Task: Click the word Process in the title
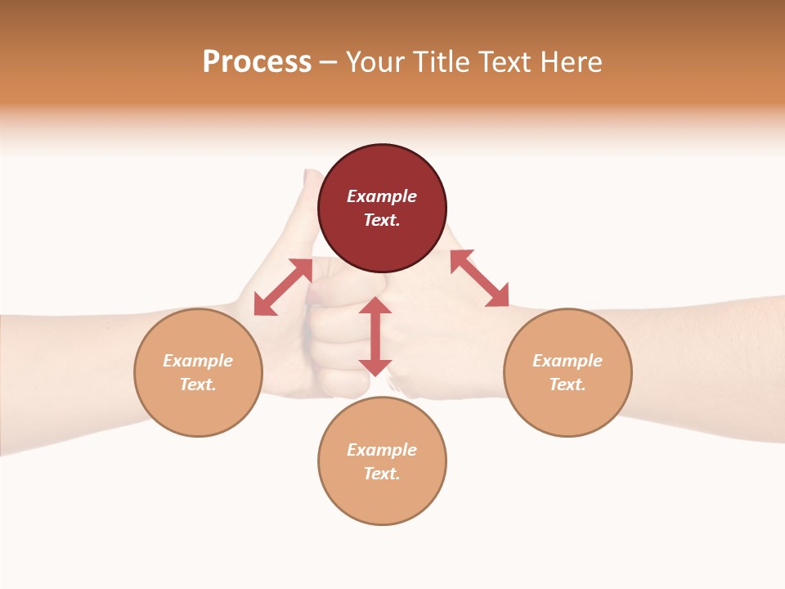pos(257,62)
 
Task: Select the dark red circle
pos(382,209)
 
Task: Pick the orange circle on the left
pos(198,372)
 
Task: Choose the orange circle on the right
pos(567,372)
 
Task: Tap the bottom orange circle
pos(382,461)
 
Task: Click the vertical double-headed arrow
pos(375,336)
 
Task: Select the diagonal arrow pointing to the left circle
pos(283,287)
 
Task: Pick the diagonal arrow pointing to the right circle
pos(479,278)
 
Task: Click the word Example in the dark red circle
pos(382,196)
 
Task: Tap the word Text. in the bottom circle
pos(382,474)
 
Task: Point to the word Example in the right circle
pos(567,361)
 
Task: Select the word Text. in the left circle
pos(198,384)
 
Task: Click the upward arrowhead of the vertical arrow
pos(375,304)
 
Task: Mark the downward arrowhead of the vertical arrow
pos(375,367)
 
